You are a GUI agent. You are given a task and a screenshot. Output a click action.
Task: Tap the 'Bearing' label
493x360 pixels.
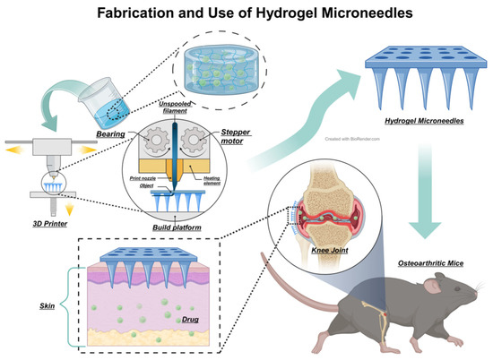tap(115, 133)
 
